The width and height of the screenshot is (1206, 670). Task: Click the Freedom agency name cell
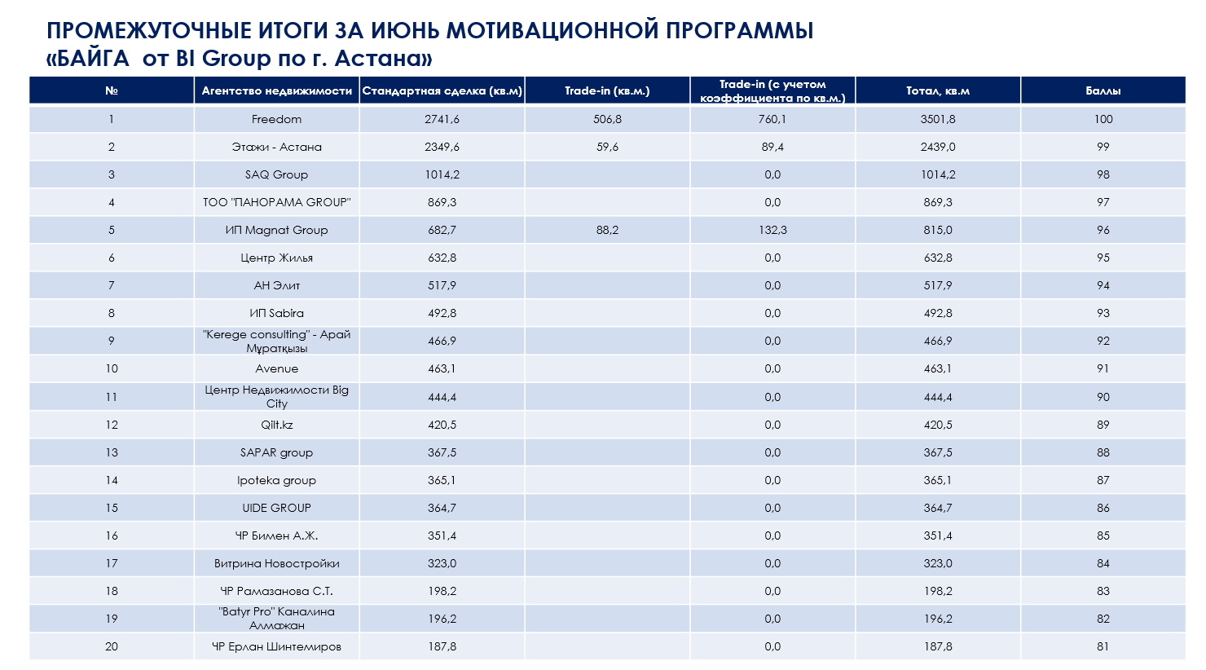pyautogui.click(x=276, y=119)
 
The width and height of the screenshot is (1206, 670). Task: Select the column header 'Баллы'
pyautogui.click(x=1103, y=90)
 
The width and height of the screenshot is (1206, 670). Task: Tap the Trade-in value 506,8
pyautogui.click(x=607, y=119)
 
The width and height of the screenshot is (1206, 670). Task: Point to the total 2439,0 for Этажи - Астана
pyautogui.click(x=938, y=147)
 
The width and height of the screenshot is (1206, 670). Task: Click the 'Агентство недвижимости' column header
pyautogui.click(x=277, y=90)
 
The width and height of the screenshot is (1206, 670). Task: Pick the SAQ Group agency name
pyautogui.click(x=276, y=174)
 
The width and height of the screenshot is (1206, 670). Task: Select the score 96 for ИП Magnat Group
pyautogui.click(x=1103, y=230)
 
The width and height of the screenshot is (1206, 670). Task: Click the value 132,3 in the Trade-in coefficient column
pyautogui.click(x=772, y=230)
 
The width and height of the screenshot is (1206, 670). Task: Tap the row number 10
pyautogui.click(x=112, y=368)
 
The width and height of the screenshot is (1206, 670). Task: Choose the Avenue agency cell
pyautogui.click(x=277, y=368)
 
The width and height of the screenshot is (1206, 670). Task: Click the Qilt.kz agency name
pyautogui.click(x=277, y=425)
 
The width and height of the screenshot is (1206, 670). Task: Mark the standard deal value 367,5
pyautogui.click(x=442, y=452)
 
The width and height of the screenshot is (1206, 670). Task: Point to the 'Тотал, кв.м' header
pyautogui.click(x=938, y=90)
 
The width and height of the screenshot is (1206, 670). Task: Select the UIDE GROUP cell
pyautogui.click(x=277, y=508)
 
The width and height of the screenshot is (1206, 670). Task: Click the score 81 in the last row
pyautogui.click(x=1103, y=646)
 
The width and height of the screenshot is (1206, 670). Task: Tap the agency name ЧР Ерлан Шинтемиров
pyautogui.click(x=277, y=646)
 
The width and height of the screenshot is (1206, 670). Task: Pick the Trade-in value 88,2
pyautogui.click(x=607, y=230)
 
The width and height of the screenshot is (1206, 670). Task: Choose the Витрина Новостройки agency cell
pyautogui.click(x=277, y=563)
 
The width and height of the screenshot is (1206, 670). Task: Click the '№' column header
pyautogui.click(x=112, y=90)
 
